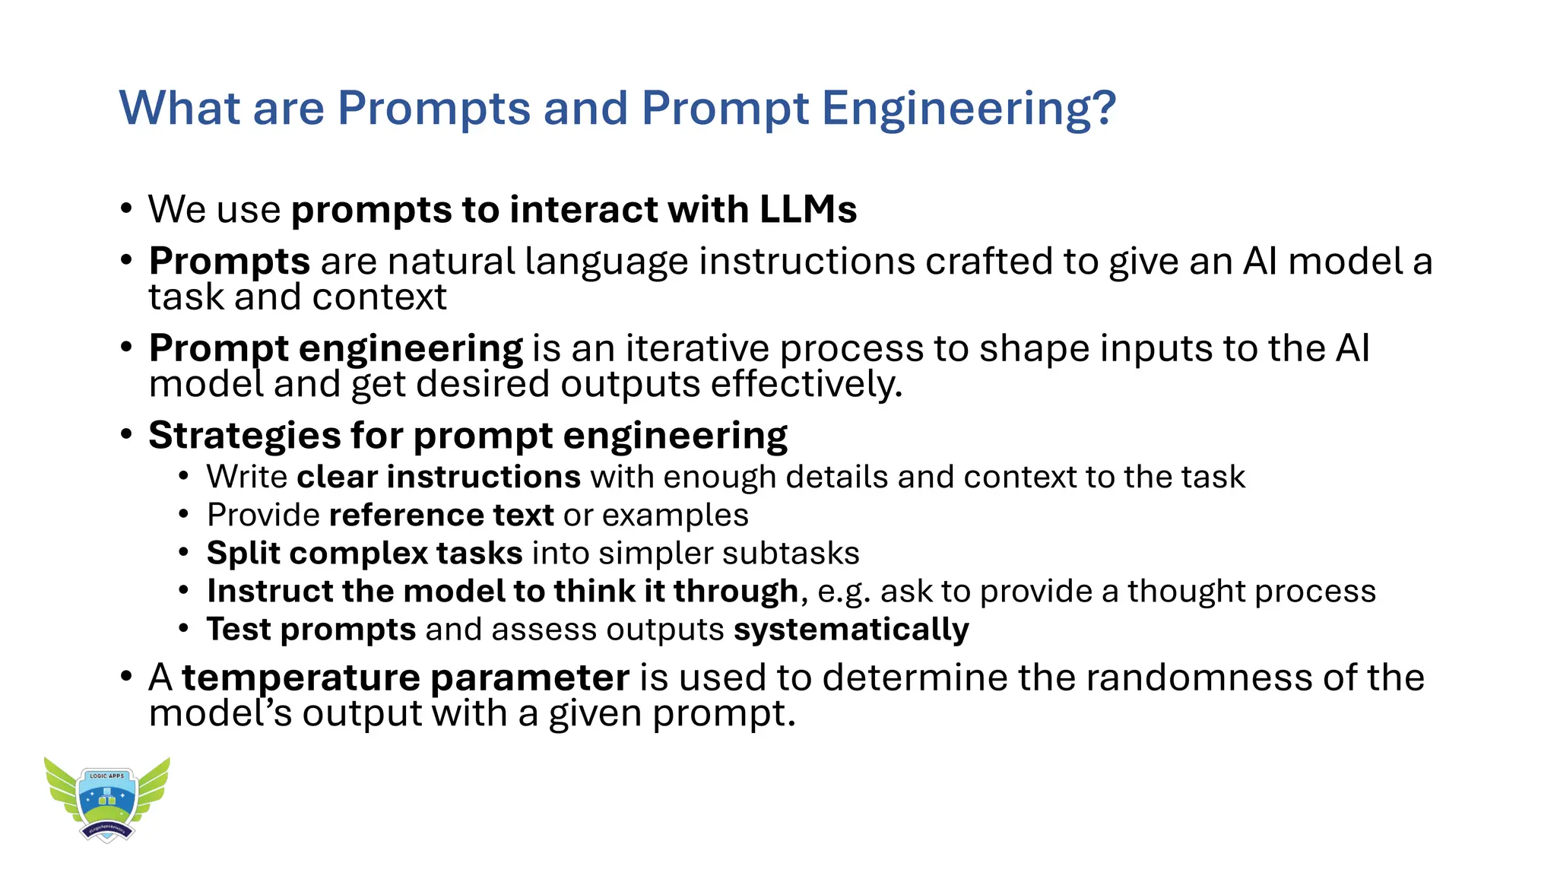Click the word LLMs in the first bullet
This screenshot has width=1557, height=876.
click(x=808, y=210)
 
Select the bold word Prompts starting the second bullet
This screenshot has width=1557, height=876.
click(x=229, y=262)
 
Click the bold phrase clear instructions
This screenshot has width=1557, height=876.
click(x=439, y=478)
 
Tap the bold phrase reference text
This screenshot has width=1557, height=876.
click(x=441, y=516)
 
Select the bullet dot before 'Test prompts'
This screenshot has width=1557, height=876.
click(x=183, y=630)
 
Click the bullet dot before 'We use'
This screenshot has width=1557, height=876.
click(x=126, y=209)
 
